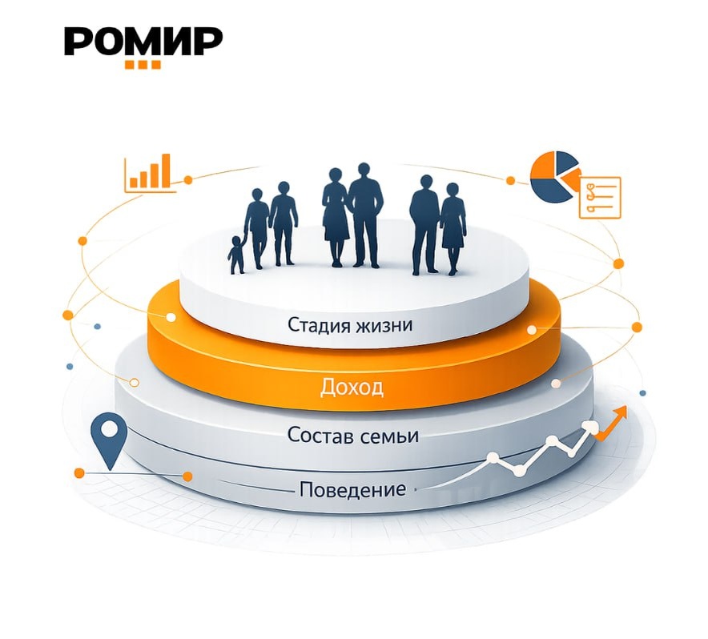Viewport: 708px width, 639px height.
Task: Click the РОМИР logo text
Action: [x=143, y=42]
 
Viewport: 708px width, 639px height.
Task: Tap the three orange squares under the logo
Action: [x=143, y=65]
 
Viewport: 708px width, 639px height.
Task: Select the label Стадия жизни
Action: [x=351, y=326]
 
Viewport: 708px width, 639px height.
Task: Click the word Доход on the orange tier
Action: [x=352, y=388]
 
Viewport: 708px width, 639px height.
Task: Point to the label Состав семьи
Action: [x=353, y=436]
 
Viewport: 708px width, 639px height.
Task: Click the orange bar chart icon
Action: [x=150, y=173]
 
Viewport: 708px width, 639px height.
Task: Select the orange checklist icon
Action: [x=599, y=196]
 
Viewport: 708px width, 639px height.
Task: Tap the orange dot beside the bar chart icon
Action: [x=188, y=180]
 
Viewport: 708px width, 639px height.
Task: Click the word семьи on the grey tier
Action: [x=390, y=436]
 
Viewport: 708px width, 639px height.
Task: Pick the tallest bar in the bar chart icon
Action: [x=166, y=171]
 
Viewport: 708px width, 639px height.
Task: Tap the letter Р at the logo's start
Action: [x=78, y=42]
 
